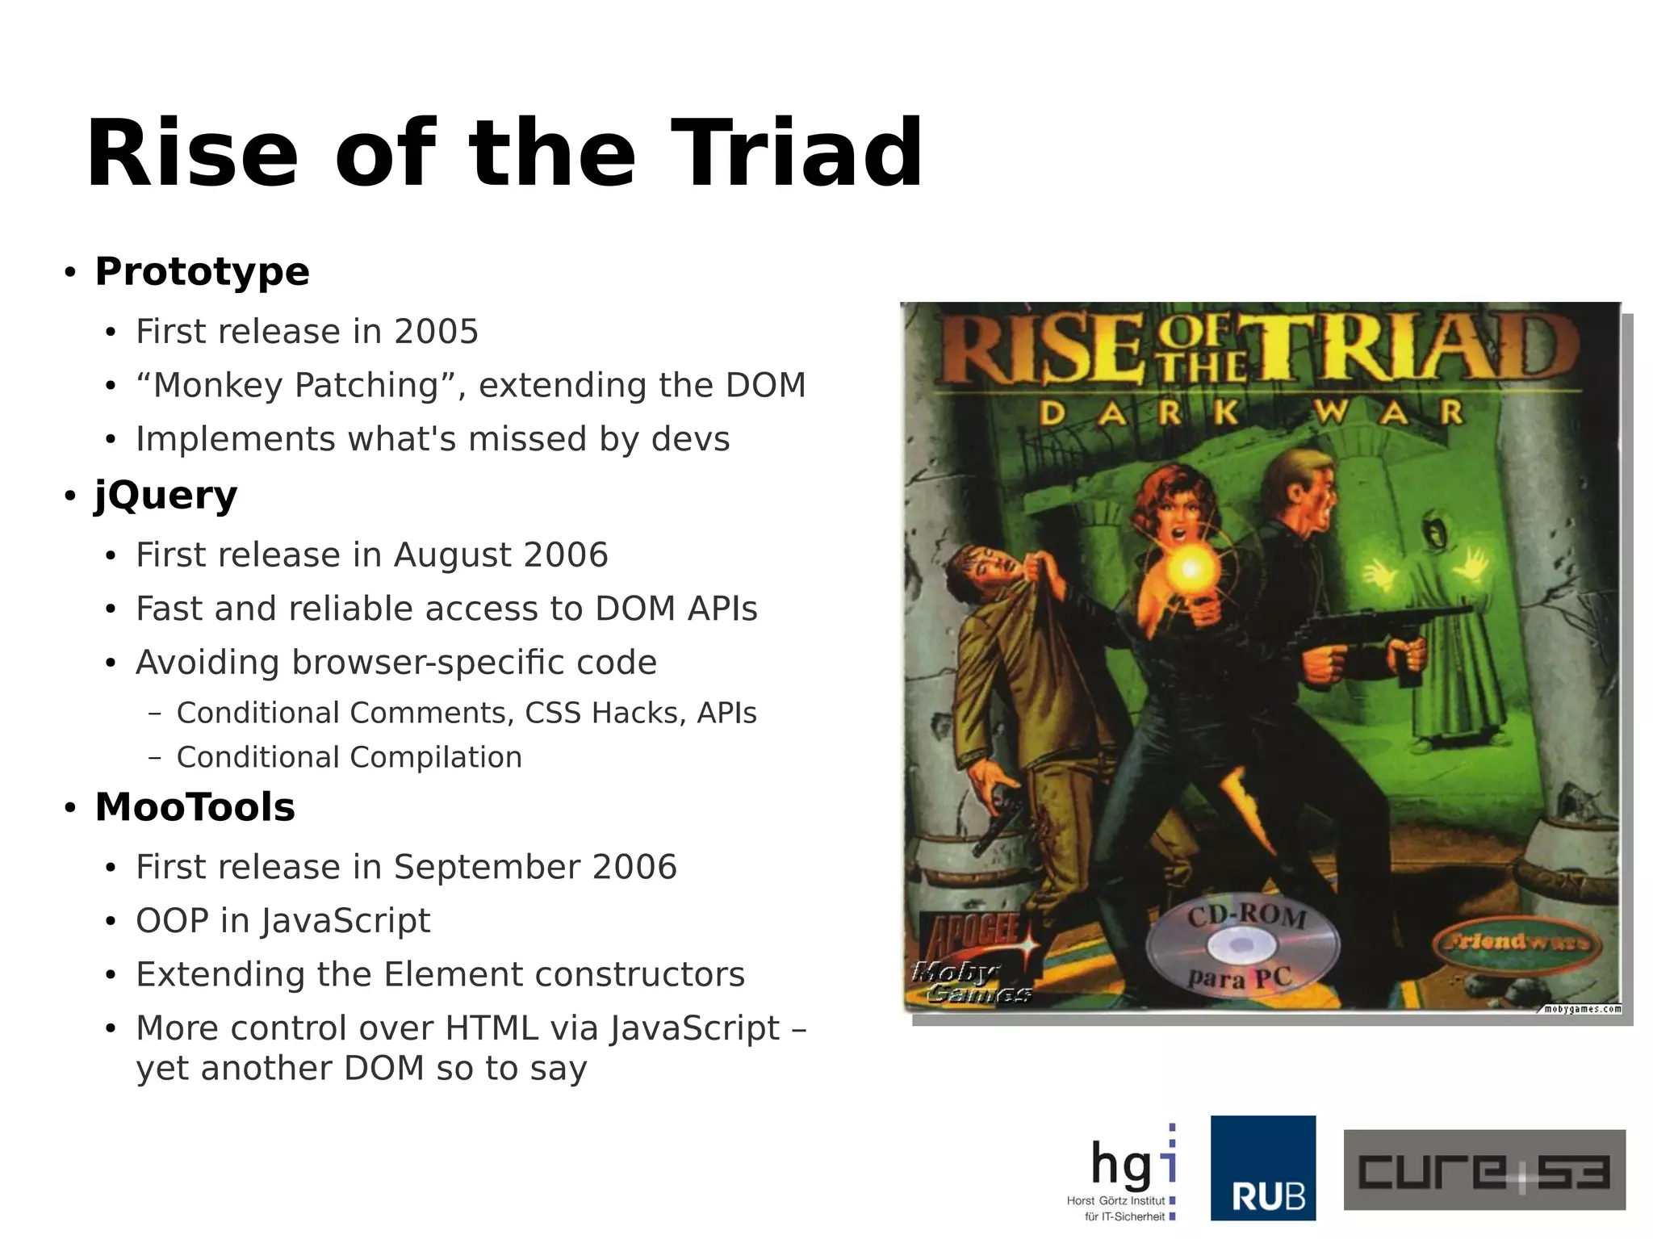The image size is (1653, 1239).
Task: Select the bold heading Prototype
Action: pyautogui.click(x=202, y=271)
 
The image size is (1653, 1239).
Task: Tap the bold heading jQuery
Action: pyautogui.click(x=165, y=495)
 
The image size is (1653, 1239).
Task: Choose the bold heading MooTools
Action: pyautogui.click(x=195, y=807)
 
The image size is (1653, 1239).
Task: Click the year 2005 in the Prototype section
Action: pyautogui.click(x=436, y=332)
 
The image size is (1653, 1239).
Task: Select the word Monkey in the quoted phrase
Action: pyautogui.click(x=217, y=385)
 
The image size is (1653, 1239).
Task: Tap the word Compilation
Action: pyautogui.click(x=436, y=758)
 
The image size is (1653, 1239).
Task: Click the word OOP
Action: pyautogui.click(x=172, y=921)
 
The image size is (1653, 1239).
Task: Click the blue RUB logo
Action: pyautogui.click(x=1263, y=1168)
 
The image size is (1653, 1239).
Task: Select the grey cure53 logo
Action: pyautogui.click(x=1484, y=1170)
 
